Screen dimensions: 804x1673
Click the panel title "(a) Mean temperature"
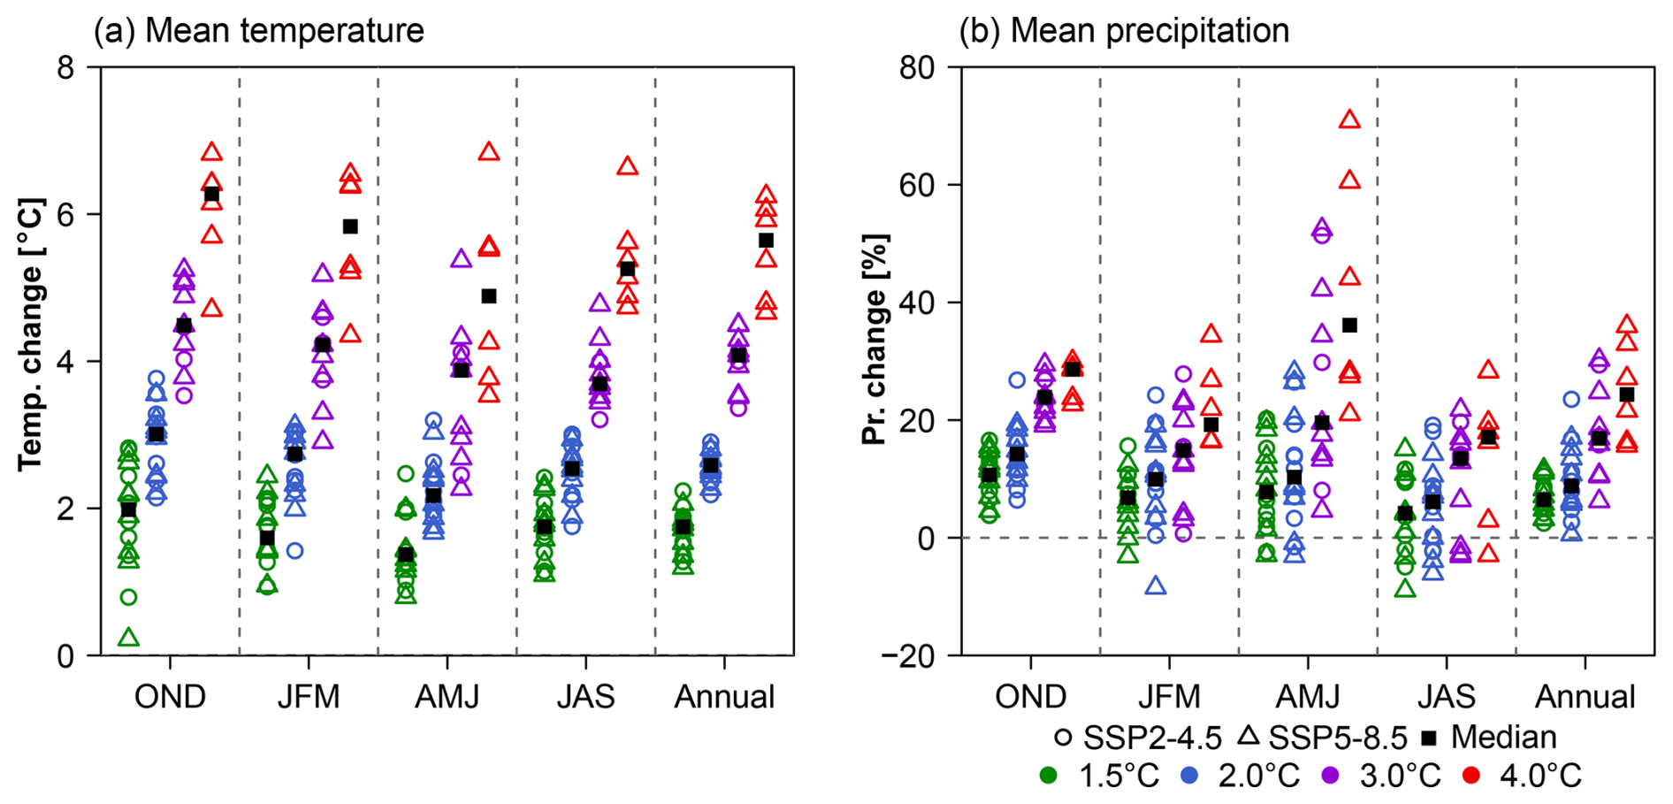click(258, 31)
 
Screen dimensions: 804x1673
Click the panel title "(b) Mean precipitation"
click(1124, 31)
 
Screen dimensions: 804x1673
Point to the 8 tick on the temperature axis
click(65, 67)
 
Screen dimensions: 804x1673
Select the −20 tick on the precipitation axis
click(907, 656)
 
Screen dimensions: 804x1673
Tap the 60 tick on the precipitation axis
click(918, 185)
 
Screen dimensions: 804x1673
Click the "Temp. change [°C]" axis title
click(32, 334)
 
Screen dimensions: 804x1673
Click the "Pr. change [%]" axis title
click(875, 339)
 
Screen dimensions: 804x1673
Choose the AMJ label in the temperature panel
click(447, 697)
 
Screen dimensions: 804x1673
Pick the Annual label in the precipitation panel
click(1585, 697)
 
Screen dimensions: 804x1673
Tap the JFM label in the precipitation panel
click(1169, 697)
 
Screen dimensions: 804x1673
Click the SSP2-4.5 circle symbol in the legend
click(1064, 737)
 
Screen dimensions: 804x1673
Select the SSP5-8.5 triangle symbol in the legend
click(1249, 736)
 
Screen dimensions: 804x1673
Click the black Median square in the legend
click(1429, 737)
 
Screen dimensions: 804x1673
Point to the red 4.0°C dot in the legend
click(1471, 776)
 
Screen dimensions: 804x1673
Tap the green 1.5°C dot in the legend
click(1049, 776)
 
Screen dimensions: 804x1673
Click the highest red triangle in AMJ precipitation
click(1349, 119)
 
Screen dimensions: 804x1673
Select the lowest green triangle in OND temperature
click(129, 638)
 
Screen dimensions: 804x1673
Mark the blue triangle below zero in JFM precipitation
click(1156, 586)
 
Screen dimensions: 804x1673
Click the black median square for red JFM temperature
click(350, 226)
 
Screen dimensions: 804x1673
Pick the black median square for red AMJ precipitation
click(1349, 325)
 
